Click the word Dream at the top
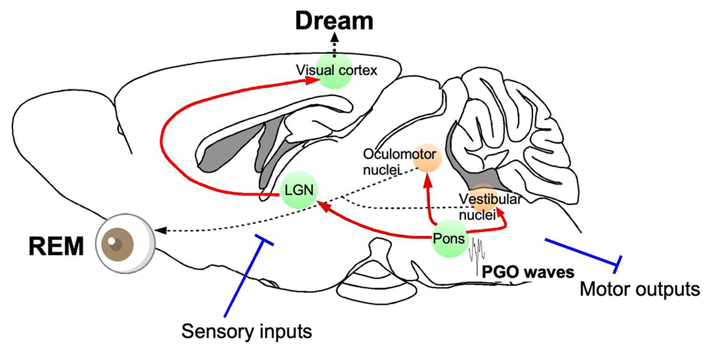(333, 22)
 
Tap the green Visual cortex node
(335, 70)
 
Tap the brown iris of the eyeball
(119, 245)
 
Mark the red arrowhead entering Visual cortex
(309, 79)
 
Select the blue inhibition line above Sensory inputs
(246, 276)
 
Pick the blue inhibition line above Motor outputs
(581, 252)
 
